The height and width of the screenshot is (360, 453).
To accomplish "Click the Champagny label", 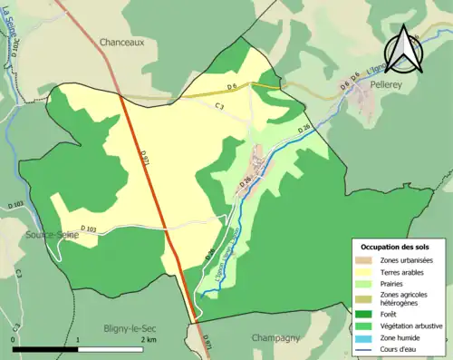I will [x=276, y=337].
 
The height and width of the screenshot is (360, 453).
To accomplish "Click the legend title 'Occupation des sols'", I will [x=398, y=247].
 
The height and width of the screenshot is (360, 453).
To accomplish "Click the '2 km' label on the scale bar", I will [x=148, y=339].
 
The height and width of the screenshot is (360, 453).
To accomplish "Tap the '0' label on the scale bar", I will [x=14, y=339].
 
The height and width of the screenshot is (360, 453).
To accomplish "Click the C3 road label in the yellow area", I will [x=219, y=107].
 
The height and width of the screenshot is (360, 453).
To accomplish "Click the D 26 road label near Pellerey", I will [x=304, y=128].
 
